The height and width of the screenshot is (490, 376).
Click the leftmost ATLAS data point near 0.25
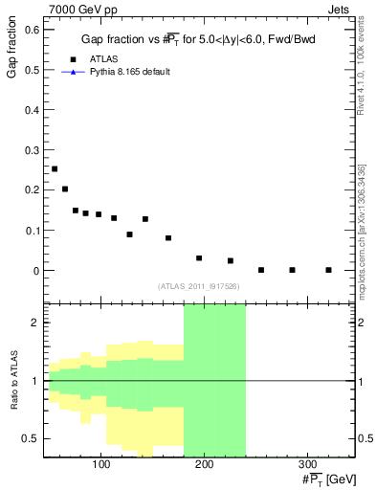[55, 168]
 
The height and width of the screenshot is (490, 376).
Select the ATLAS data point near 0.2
[65, 189]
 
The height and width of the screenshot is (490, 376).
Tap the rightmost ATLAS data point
[328, 270]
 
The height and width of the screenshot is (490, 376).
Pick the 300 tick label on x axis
[307, 465]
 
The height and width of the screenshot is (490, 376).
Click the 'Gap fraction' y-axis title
[11, 54]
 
